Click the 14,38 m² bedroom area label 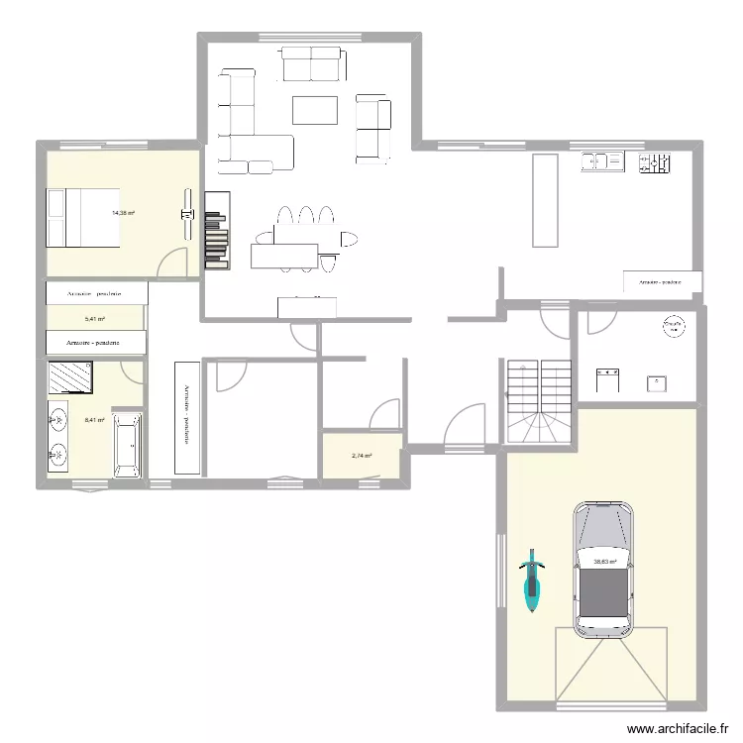124,213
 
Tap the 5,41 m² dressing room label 95,319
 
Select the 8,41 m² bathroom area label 95,420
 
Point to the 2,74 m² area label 362,456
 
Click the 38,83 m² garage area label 604,562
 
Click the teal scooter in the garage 533,581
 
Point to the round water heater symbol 674,325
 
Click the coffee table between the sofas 315,110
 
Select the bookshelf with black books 217,230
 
